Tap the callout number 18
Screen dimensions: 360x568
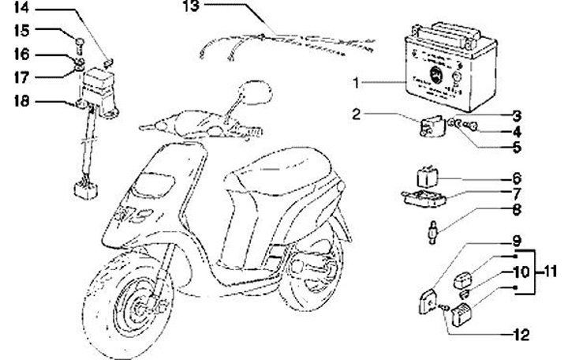[21, 100]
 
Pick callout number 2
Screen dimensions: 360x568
[357, 114]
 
